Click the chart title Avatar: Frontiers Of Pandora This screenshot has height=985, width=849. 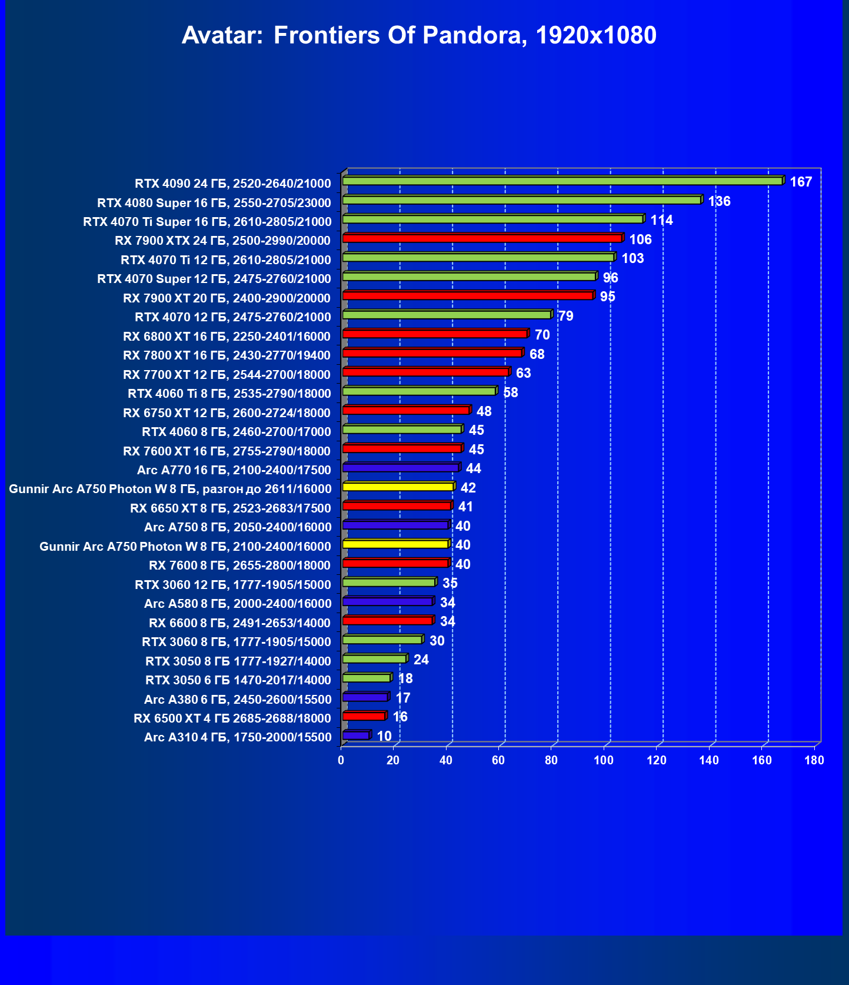[419, 36]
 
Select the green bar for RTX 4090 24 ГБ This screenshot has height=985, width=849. [562, 181]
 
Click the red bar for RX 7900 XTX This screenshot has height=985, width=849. [482, 238]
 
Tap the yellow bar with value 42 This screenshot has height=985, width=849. [398, 487]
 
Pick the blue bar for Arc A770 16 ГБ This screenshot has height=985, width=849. [400, 468]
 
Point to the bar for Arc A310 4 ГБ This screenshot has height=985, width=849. [355, 735]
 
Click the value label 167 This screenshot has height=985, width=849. [801, 182]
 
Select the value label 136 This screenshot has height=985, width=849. [719, 201]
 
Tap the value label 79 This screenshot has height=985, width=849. [565, 316]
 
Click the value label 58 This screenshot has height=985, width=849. [511, 392]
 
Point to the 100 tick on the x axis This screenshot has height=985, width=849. [604, 760]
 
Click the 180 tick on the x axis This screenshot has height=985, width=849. [814, 760]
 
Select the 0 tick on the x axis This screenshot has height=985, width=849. [341, 760]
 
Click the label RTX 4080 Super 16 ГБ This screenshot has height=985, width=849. [214, 203]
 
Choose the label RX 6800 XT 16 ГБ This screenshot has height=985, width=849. [227, 337]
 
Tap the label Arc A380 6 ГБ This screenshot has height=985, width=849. [238, 700]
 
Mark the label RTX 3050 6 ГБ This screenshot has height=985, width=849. [238, 680]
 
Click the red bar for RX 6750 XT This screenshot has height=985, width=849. [405, 410]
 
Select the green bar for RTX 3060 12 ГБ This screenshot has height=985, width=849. [388, 583]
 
